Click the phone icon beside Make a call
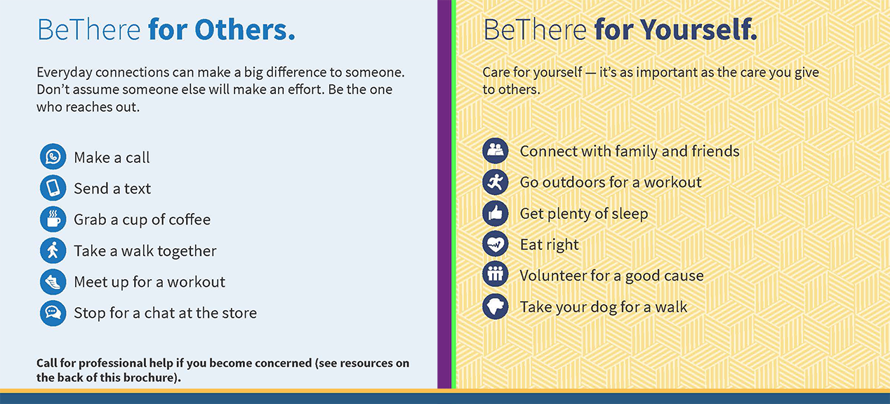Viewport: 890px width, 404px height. tap(53, 156)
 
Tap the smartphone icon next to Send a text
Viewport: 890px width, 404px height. tap(53, 188)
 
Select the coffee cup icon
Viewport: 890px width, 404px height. tap(53, 219)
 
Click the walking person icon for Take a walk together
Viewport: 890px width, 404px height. tap(53, 250)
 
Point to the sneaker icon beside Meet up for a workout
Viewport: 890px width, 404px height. tap(53, 282)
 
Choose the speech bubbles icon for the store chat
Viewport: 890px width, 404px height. tap(53, 313)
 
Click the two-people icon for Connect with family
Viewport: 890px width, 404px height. tap(496, 151)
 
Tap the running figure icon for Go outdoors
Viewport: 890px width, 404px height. tap(496, 182)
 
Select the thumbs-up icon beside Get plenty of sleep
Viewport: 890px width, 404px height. tap(496, 213)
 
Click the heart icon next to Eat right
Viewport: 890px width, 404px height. tap(496, 244)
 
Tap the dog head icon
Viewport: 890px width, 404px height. tap(496, 307)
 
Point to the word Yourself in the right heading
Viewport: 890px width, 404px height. tap(698, 29)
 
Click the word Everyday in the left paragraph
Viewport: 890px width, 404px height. tap(65, 73)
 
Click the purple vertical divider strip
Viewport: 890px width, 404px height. tap(444, 194)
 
